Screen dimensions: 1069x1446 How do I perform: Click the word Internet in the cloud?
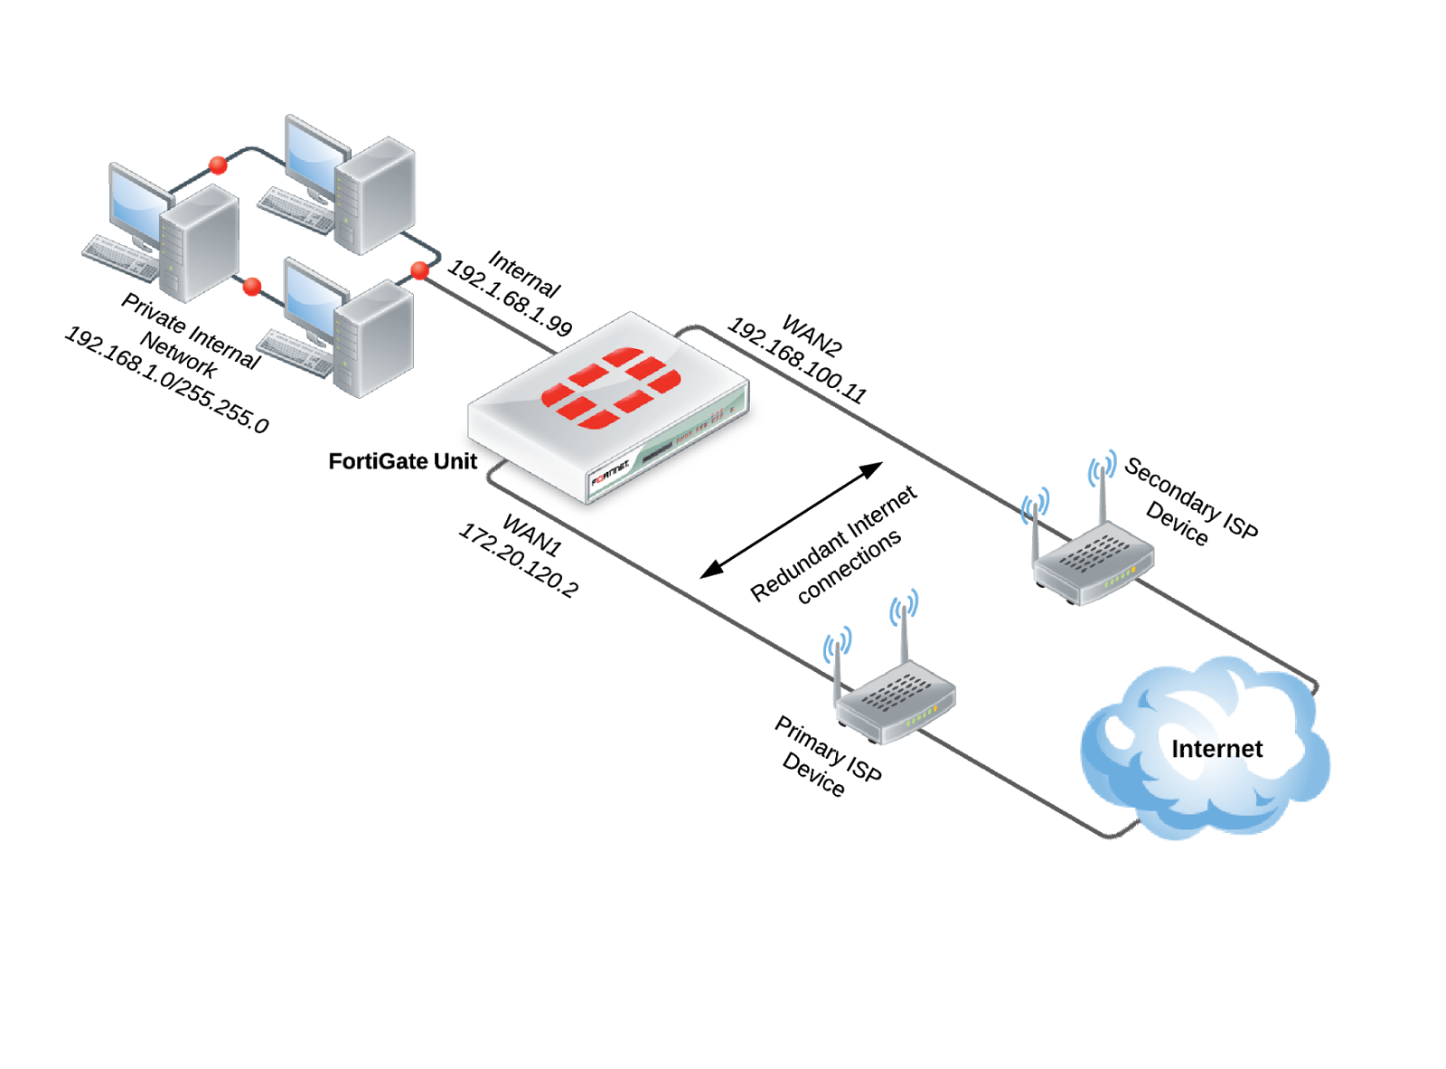(1216, 749)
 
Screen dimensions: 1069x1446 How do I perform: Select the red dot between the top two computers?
(218, 165)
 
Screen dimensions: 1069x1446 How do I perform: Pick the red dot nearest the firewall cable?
(419, 270)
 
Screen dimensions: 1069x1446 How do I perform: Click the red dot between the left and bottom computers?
(252, 287)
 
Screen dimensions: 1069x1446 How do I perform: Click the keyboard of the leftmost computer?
(120, 257)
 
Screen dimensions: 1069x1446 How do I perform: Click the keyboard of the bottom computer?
(294, 353)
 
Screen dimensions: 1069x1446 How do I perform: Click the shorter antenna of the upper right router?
(1035, 534)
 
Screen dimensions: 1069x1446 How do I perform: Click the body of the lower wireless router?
(895, 701)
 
